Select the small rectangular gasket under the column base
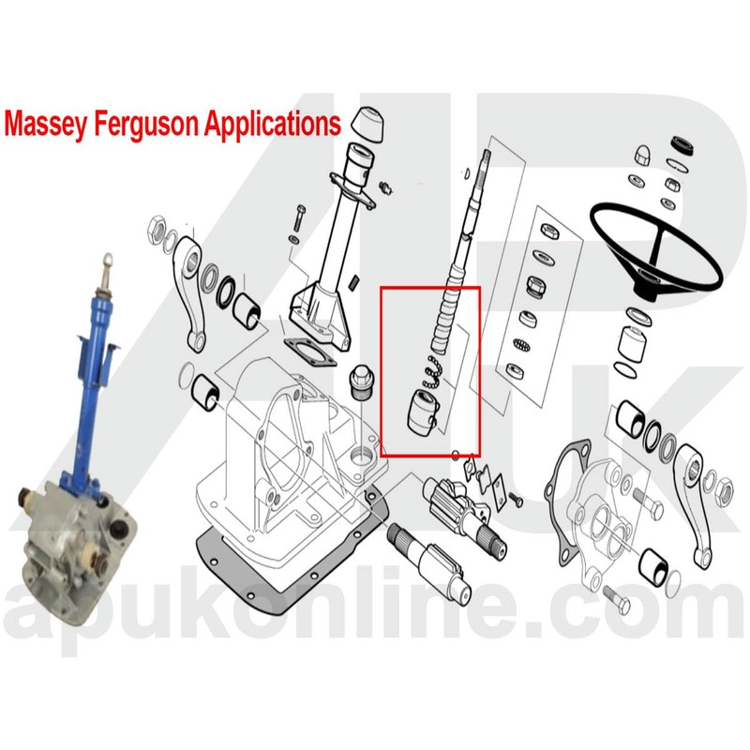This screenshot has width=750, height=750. coord(309,348)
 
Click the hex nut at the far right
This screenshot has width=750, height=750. coord(725,486)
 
